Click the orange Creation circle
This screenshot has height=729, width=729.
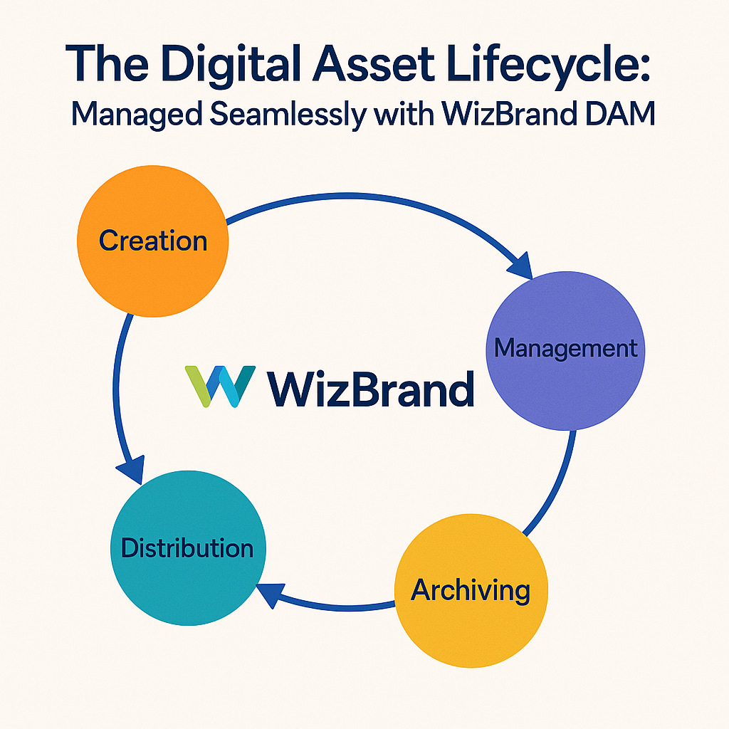coord(152,241)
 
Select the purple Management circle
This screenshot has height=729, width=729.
coord(565,350)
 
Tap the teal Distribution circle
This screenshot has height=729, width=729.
coord(188,548)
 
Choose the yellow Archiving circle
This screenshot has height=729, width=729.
coord(471,590)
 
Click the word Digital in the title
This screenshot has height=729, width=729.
coord(231,64)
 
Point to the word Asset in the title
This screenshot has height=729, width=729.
coord(373,63)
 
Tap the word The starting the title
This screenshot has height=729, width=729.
coord(107,63)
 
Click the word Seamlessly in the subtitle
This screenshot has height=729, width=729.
coord(288,115)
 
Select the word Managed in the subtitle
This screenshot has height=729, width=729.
coord(137,115)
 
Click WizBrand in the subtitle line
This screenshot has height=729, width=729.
coord(509,113)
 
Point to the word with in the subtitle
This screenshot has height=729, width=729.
coord(404,113)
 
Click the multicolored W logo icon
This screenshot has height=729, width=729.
coord(220,387)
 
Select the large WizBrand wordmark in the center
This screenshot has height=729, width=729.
coord(370,389)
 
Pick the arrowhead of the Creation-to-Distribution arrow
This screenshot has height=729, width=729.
coord(131,470)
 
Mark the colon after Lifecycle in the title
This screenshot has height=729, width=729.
coord(645,66)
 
